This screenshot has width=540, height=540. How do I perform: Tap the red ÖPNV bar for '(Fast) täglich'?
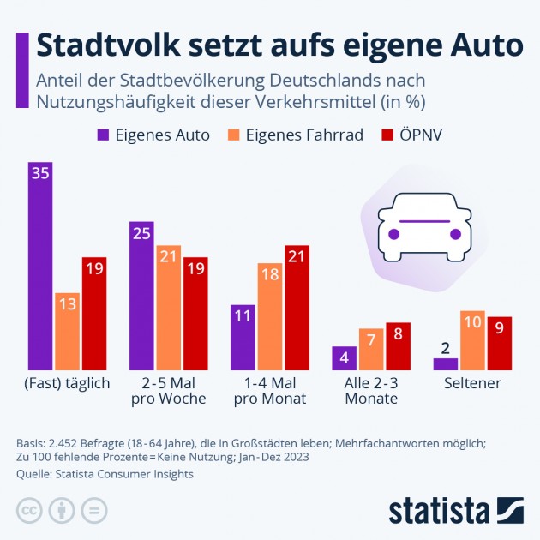click(94, 314)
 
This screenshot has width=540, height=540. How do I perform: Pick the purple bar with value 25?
click(142, 296)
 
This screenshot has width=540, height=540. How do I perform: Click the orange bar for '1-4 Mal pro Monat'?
click(271, 317)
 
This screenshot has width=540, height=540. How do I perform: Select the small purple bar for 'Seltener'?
click(446, 364)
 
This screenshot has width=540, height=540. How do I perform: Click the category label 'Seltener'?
click(472, 383)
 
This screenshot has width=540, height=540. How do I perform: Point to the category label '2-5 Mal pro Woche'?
click(169, 391)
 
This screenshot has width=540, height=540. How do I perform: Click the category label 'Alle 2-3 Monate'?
click(372, 391)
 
